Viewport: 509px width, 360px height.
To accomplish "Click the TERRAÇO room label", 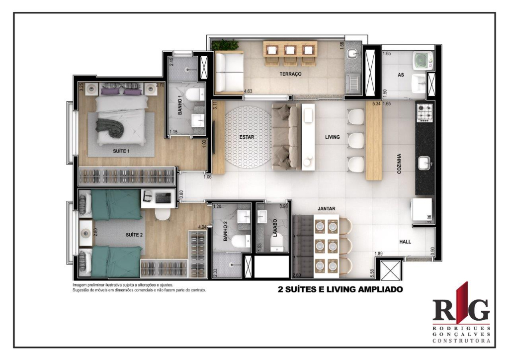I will coord(291,74).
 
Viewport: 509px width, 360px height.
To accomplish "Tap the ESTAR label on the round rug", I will coord(247,137).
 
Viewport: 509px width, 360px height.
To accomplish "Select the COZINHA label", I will coord(399,163).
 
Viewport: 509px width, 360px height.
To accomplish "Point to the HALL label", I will coord(405,242).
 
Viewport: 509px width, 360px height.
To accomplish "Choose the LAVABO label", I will coord(274,227).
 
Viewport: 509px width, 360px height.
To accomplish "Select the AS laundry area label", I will coord(401,75).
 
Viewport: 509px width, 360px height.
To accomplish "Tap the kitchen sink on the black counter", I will coord(424,163).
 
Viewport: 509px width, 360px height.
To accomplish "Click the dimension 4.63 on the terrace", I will coord(249,91).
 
